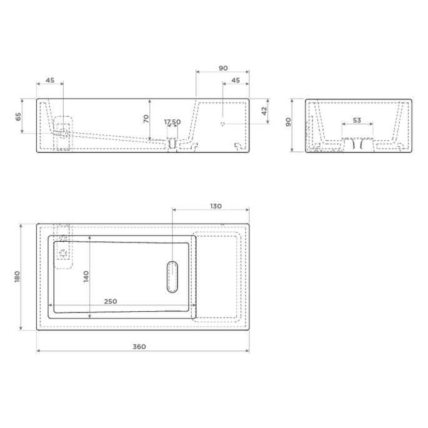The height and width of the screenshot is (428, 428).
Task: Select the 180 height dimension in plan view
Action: coord(17,276)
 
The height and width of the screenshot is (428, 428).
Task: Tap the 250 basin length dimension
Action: coord(110,301)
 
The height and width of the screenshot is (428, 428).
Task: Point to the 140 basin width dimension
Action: coord(86,276)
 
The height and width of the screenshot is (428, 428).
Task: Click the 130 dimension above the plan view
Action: coord(216,206)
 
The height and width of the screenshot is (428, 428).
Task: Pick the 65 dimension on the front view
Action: coord(18,116)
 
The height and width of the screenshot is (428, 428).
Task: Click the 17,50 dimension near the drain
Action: coord(172,122)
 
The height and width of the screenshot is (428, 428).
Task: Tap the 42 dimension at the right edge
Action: coord(264,111)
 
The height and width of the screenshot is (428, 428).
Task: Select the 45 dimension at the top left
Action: coord(50,80)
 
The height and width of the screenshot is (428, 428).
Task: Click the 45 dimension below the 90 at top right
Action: coord(236,80)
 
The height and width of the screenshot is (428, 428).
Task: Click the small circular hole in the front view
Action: coord(222,124)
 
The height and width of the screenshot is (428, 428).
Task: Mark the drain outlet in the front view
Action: coord(171,144)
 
